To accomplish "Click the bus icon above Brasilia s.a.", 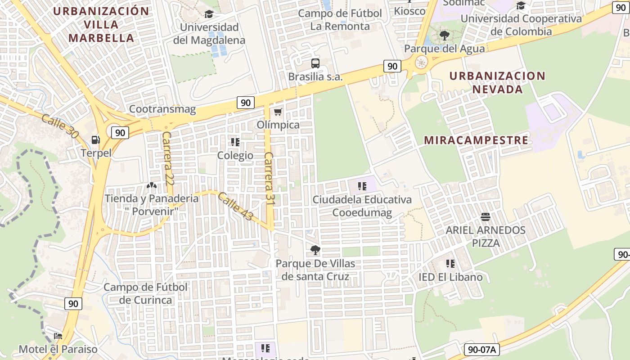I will (x=315, y=63).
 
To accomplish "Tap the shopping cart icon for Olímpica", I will (x=278, y=111).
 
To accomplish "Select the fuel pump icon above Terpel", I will (x=95, y=140).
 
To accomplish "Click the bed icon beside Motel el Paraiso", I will (x=58, y=336).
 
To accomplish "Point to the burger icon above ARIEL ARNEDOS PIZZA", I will (x=485, y=217).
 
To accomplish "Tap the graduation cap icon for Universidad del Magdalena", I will (x=209, y=14).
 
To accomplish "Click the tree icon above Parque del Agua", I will (x=444, y=35).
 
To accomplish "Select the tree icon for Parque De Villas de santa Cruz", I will (x=315, y=250).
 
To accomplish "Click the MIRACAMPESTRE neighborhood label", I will (x=476, y=140).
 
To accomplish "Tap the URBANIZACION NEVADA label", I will (x=497, y=82).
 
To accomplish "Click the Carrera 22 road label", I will (x=167, y=153).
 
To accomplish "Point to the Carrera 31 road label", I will (x=269, y=179).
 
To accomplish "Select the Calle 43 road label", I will (x=235, y=207).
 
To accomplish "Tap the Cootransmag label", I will (x=162, y=109).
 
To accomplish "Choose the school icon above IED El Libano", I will (x=450, y=264).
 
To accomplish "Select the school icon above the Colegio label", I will (x=235, y=142).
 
